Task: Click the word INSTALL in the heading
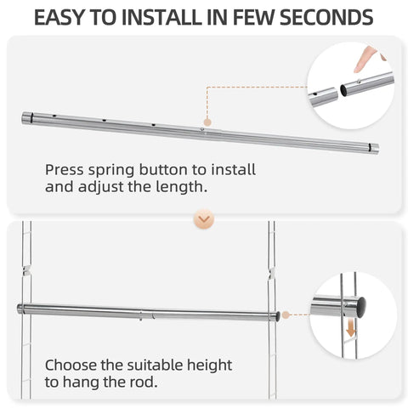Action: click(161, 17)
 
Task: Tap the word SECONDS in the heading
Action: click(326, 17)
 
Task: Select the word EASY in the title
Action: click(59, 17)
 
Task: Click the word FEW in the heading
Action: click(254, 17)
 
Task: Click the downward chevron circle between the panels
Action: click(204, 218)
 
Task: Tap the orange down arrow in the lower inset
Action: click(351, 328)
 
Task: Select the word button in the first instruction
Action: click(163, 170)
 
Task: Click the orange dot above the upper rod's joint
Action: click(207, 122)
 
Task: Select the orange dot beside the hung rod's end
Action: click(286, 314)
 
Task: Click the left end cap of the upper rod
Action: click(28, 118)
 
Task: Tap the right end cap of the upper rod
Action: click(374, 149)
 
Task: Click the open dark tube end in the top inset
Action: click(343, 90)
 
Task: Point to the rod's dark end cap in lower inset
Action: click(360, 307)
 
